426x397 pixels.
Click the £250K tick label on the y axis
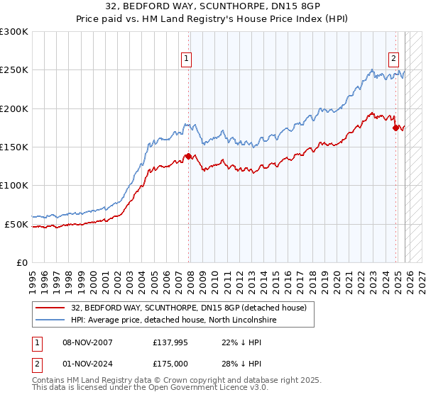click(x=14, y=70)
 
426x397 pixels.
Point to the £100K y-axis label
click(x=14, y=186)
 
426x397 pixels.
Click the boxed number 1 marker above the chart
click(x=186, y=60)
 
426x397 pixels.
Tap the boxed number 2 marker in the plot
click(x=393, y=60)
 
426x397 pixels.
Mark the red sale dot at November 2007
click(x=188, y=157)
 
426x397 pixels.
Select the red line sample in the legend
click(x=50, y=308)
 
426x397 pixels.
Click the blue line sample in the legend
click(x=50, y=320)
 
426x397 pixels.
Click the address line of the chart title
click(x=212, y=7)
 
